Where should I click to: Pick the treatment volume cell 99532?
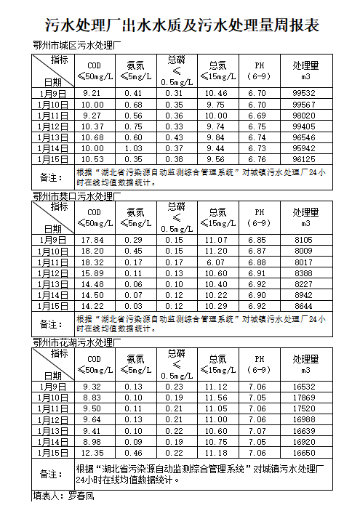303,94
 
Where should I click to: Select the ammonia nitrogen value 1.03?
133,148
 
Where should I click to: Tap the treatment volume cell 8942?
303,295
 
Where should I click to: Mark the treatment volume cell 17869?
303,398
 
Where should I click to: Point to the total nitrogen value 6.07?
217,262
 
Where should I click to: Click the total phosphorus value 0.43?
174,137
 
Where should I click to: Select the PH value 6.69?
257,116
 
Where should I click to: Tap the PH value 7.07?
257,431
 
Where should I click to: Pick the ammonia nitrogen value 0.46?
133,453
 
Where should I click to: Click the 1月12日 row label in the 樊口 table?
53,273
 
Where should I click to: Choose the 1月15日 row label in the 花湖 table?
53,453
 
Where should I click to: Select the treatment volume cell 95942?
303,148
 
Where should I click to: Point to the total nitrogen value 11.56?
217,398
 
